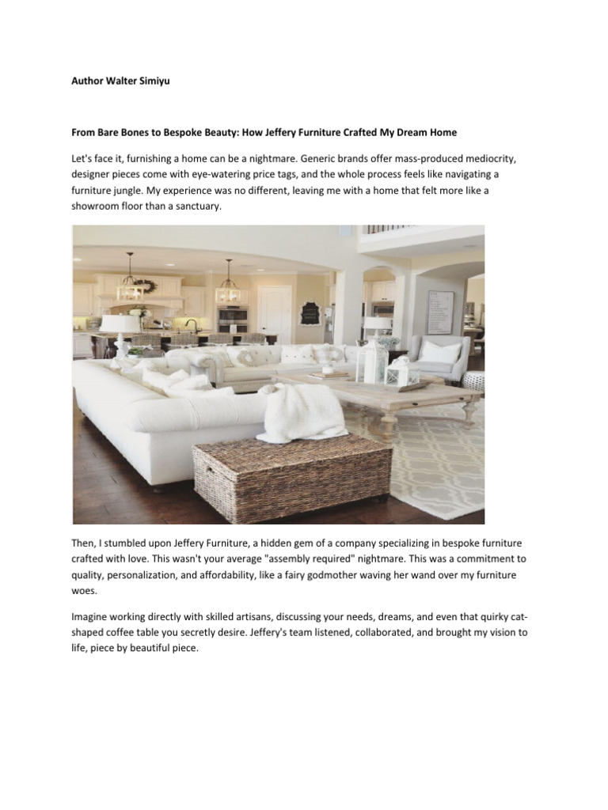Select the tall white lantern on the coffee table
pos(371,365)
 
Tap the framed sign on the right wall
pos(440,312)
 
